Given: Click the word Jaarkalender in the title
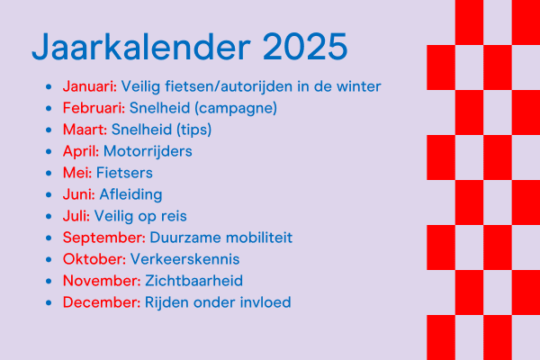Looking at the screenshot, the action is (141, 47).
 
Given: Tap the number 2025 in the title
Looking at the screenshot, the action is (305, 47).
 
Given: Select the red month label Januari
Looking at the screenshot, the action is (89, 86).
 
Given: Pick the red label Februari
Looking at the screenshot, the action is (94, 108).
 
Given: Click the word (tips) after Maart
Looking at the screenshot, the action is (193, 130).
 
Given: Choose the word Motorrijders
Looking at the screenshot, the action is (148, 151).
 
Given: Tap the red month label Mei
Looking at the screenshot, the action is (77, 173).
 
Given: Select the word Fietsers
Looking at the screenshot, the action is (124, 173).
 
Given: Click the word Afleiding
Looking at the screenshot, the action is (130, 194).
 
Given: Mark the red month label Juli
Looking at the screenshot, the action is (76, 216).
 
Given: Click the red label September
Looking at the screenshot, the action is (104, 238).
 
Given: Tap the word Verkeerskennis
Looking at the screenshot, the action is (184, 259).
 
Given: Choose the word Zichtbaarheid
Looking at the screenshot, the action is (193, 281).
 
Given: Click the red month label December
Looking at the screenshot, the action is (102, 302).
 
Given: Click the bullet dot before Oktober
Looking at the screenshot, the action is (49, 260).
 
